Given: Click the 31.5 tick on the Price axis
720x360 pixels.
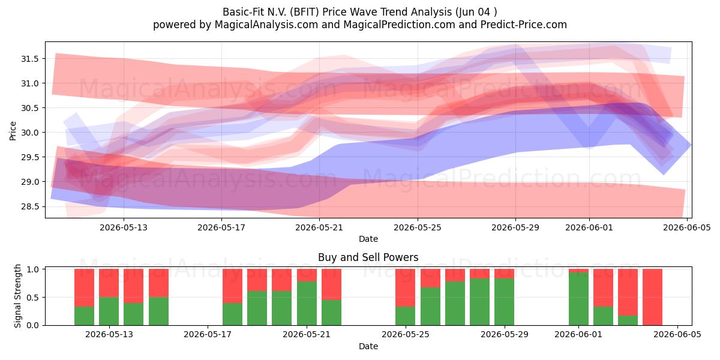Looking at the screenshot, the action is point(29,59).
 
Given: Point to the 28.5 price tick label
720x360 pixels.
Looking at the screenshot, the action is point(29,206).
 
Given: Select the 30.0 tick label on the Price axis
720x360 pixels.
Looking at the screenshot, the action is point(29,133).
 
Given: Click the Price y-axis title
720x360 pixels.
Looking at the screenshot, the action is point(13,131).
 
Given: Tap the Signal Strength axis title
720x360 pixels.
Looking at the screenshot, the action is point(17,296).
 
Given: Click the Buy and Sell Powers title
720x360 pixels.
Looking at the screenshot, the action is point(368,257).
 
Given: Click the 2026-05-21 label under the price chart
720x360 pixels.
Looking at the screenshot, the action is point(319,227).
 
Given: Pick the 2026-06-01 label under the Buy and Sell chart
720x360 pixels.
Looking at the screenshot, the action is point(578,334).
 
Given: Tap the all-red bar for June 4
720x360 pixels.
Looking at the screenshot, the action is point(653,297).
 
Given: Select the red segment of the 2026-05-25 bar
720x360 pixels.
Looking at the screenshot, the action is point(406,287).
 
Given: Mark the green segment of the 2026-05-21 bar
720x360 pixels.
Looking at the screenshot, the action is point(307,303).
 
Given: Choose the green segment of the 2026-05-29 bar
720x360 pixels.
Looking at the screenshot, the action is point(505,302).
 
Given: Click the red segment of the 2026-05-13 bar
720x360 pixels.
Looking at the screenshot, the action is point(109,283).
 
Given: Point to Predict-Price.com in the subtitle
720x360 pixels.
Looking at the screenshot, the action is point(524,25).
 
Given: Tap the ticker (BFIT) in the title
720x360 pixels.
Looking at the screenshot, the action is point(304,12).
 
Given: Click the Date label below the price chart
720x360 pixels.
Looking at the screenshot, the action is point(368,239).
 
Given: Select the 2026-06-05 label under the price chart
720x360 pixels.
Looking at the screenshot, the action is point(687,227).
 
